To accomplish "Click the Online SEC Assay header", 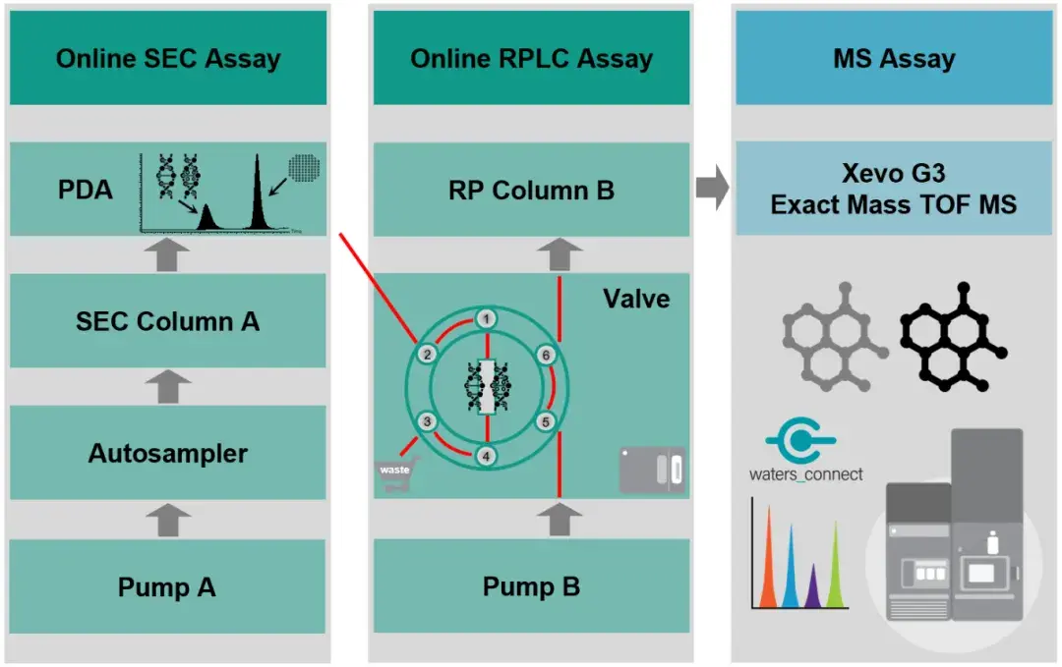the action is tap(168, 58).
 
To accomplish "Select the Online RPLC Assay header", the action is tap(532, 58).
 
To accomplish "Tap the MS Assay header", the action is tap(894, 58).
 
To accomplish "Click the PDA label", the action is tap(85, 190).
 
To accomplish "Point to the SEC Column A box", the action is tap(168, 320).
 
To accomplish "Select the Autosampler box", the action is tap(168, 453).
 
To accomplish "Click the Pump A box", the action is tap(167, 586).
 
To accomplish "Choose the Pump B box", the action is tap(532, 585).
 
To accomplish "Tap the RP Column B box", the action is tap(532, 190).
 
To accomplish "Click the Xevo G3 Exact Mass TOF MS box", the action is tap(894, 188).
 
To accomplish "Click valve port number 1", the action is tap(486, 318).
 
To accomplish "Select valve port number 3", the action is tap(427, 421).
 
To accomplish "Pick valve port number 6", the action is tap(546, 356).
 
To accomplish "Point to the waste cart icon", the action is tap(397, 474).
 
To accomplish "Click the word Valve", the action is tap(636, 299).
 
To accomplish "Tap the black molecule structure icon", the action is tap(954, 337).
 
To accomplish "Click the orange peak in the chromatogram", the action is tap(769, 556).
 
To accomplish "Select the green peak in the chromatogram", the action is tap(836, 564).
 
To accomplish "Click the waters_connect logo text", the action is tap(806, 474).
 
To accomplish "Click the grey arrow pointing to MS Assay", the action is tap(713, 188).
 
